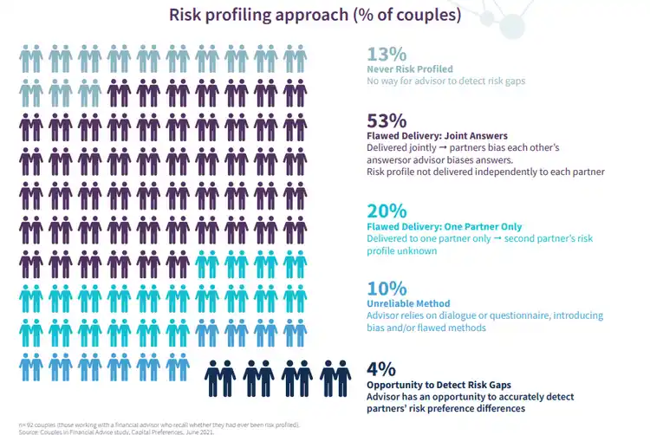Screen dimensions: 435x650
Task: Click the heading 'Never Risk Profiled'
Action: point(410,68)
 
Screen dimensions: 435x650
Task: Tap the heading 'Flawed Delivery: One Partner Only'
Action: point(443,226)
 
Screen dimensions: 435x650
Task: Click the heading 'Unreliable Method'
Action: point(408,304)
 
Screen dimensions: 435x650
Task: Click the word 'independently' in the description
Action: point(514,172)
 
